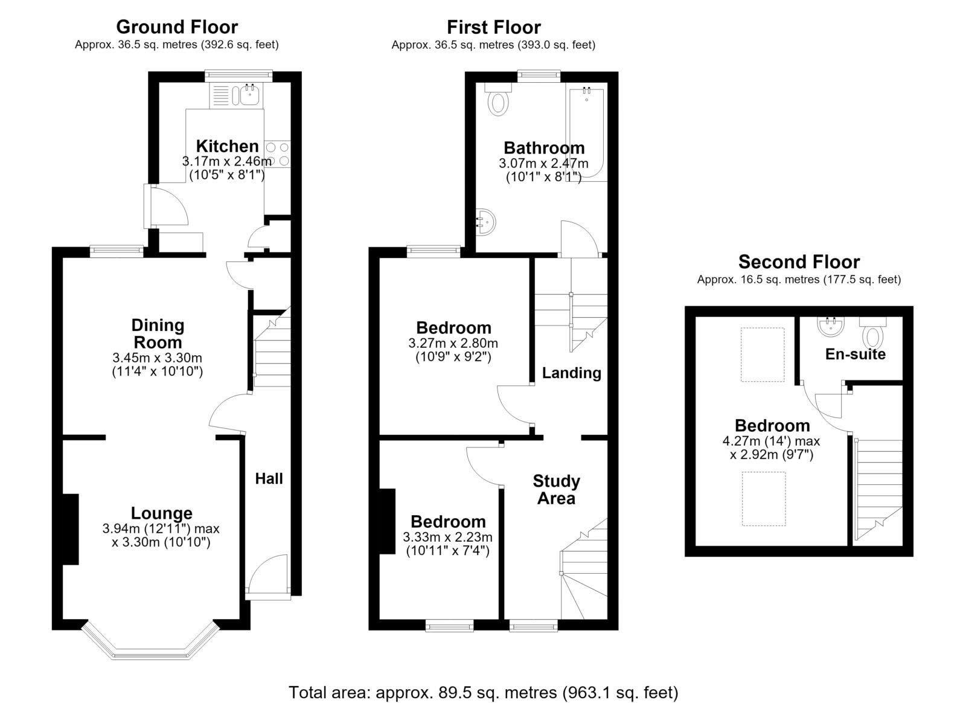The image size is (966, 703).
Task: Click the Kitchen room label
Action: click(x=227, y=146)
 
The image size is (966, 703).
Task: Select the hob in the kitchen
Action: click(x=277, y=154)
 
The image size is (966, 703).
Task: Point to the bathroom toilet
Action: click(x=498, y=100)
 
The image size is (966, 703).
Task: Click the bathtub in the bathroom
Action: click(x=586, y=133)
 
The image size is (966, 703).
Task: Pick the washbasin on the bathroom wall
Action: click(x=485, y=222)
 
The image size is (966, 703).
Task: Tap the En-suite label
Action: click(x=855, y=354)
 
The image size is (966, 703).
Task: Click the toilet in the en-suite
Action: click(x=872, y=332)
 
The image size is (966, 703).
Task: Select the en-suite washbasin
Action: click(x=830, y=327)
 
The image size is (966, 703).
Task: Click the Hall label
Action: click(x=269, y=478)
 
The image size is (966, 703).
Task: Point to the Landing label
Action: click(x=571, y=373)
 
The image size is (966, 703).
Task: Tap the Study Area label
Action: click(x=556, y=490)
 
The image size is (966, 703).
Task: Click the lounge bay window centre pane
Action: click(x=150, y=656)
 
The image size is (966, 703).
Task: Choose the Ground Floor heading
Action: click(x=177, y=27)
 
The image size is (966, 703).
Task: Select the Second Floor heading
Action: click(x=799, y=262)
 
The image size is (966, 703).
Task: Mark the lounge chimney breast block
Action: click(x=71, y=529)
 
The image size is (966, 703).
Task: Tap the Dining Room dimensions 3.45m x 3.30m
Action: click(x=157, y=358)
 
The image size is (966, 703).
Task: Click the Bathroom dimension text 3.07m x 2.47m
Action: click(x=543, y=164)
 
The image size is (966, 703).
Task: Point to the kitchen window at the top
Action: click(x=238, y=75)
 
